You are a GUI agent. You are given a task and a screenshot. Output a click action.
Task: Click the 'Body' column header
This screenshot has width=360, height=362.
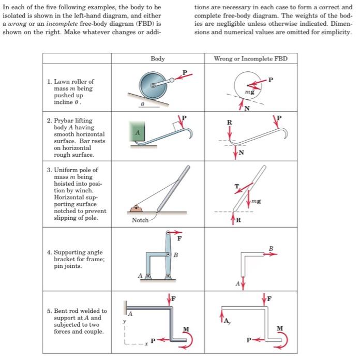coord(158,58)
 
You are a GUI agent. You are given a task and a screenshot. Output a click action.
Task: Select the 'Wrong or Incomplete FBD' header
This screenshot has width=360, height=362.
coord(250,58)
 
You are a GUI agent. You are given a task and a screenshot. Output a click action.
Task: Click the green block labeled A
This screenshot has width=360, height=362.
coord(136,132)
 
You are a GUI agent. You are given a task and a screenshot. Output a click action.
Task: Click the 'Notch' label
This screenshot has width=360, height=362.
coord(140,220)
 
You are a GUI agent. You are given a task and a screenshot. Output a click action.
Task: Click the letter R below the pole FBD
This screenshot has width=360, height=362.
coord(239,221)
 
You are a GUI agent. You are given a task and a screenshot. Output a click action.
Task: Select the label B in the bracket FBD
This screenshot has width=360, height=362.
coord(271,248)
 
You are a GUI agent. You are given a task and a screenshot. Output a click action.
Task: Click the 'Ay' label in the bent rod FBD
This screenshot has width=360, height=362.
coord(232,321)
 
